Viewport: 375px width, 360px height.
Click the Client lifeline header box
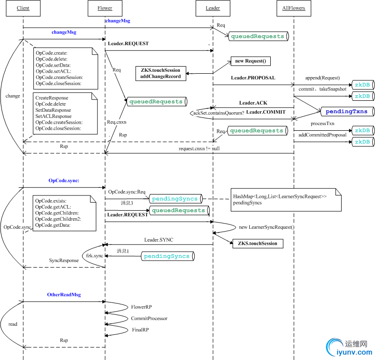pyautogui.click(x=23, y=8)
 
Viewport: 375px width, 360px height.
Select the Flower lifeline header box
pyautogui.click(x=105, y=8)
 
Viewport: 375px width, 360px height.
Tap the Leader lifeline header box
pyautogui.click(x=213, y=8)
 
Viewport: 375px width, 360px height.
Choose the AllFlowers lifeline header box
pyautogui.click(x=293, y=8)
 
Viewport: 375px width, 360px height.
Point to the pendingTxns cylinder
pyautogui.click(x=346, y=112)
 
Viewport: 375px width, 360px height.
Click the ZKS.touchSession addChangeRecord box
pyautogui.click(x=160, y=73)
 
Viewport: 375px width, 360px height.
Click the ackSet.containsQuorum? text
pyautogui.click(x=219, y=113)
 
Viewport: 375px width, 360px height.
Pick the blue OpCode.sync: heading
pyautogui.click(x=64, y=181)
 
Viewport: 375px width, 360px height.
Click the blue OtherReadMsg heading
pyautogui.click(x=64, y=295)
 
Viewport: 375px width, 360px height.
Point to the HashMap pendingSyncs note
pyautogui.click(x=286, y=199)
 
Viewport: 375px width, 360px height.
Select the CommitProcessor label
pyautogui.click(x=149, y=319)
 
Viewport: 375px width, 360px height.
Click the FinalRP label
pyautogui.click(x=141, y=330)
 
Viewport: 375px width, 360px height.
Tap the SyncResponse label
pyautogui.click(x=64, y=261)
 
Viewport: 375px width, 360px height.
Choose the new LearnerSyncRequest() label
pyautogui.click(x=266, y=227)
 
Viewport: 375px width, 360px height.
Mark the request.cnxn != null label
pyautogui.click(x=199, y=149)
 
